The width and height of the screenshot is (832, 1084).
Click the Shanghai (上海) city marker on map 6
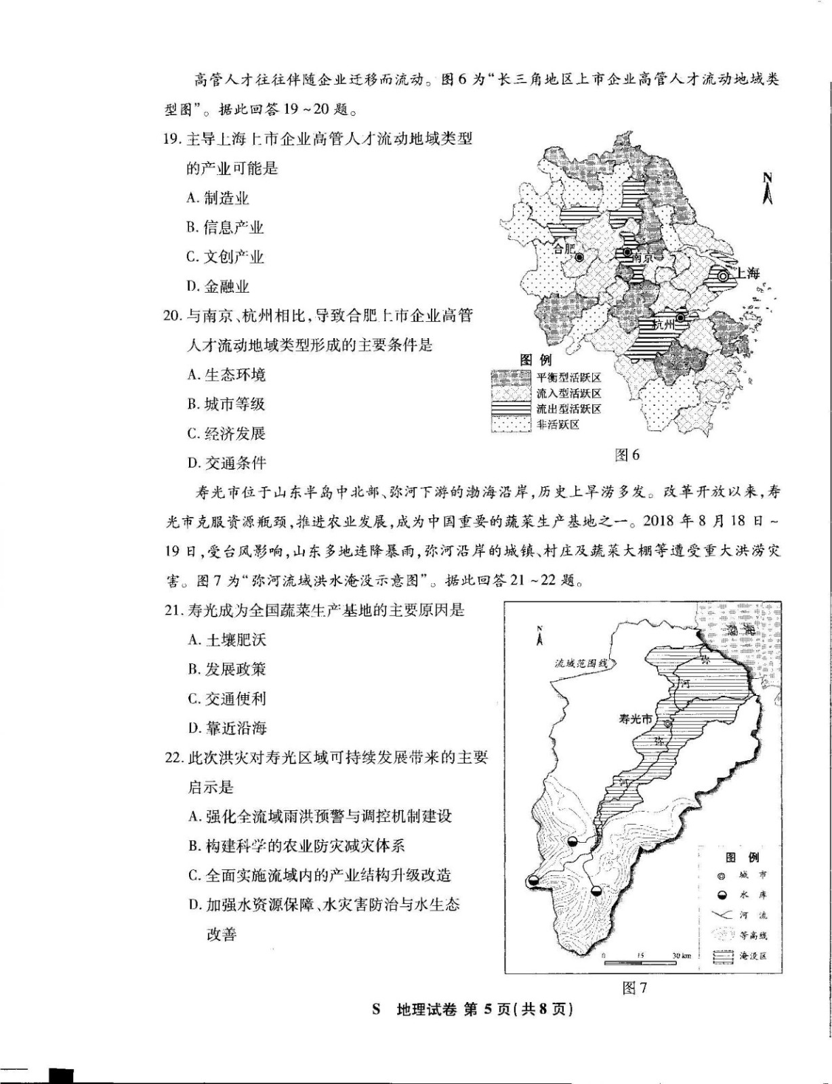(724, 276)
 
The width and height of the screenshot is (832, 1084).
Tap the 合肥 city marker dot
(580, 257)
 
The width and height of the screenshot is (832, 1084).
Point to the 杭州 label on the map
(664, 325)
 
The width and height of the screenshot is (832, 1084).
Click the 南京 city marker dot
(627, 253)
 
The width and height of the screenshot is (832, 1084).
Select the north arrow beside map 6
(768, 189)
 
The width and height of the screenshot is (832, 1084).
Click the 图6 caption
(627, 455)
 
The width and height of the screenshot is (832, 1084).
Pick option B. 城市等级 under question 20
(226, 404)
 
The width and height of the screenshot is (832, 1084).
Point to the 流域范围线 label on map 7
(581, 663)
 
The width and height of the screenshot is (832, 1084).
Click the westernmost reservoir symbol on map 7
(534, 881)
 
